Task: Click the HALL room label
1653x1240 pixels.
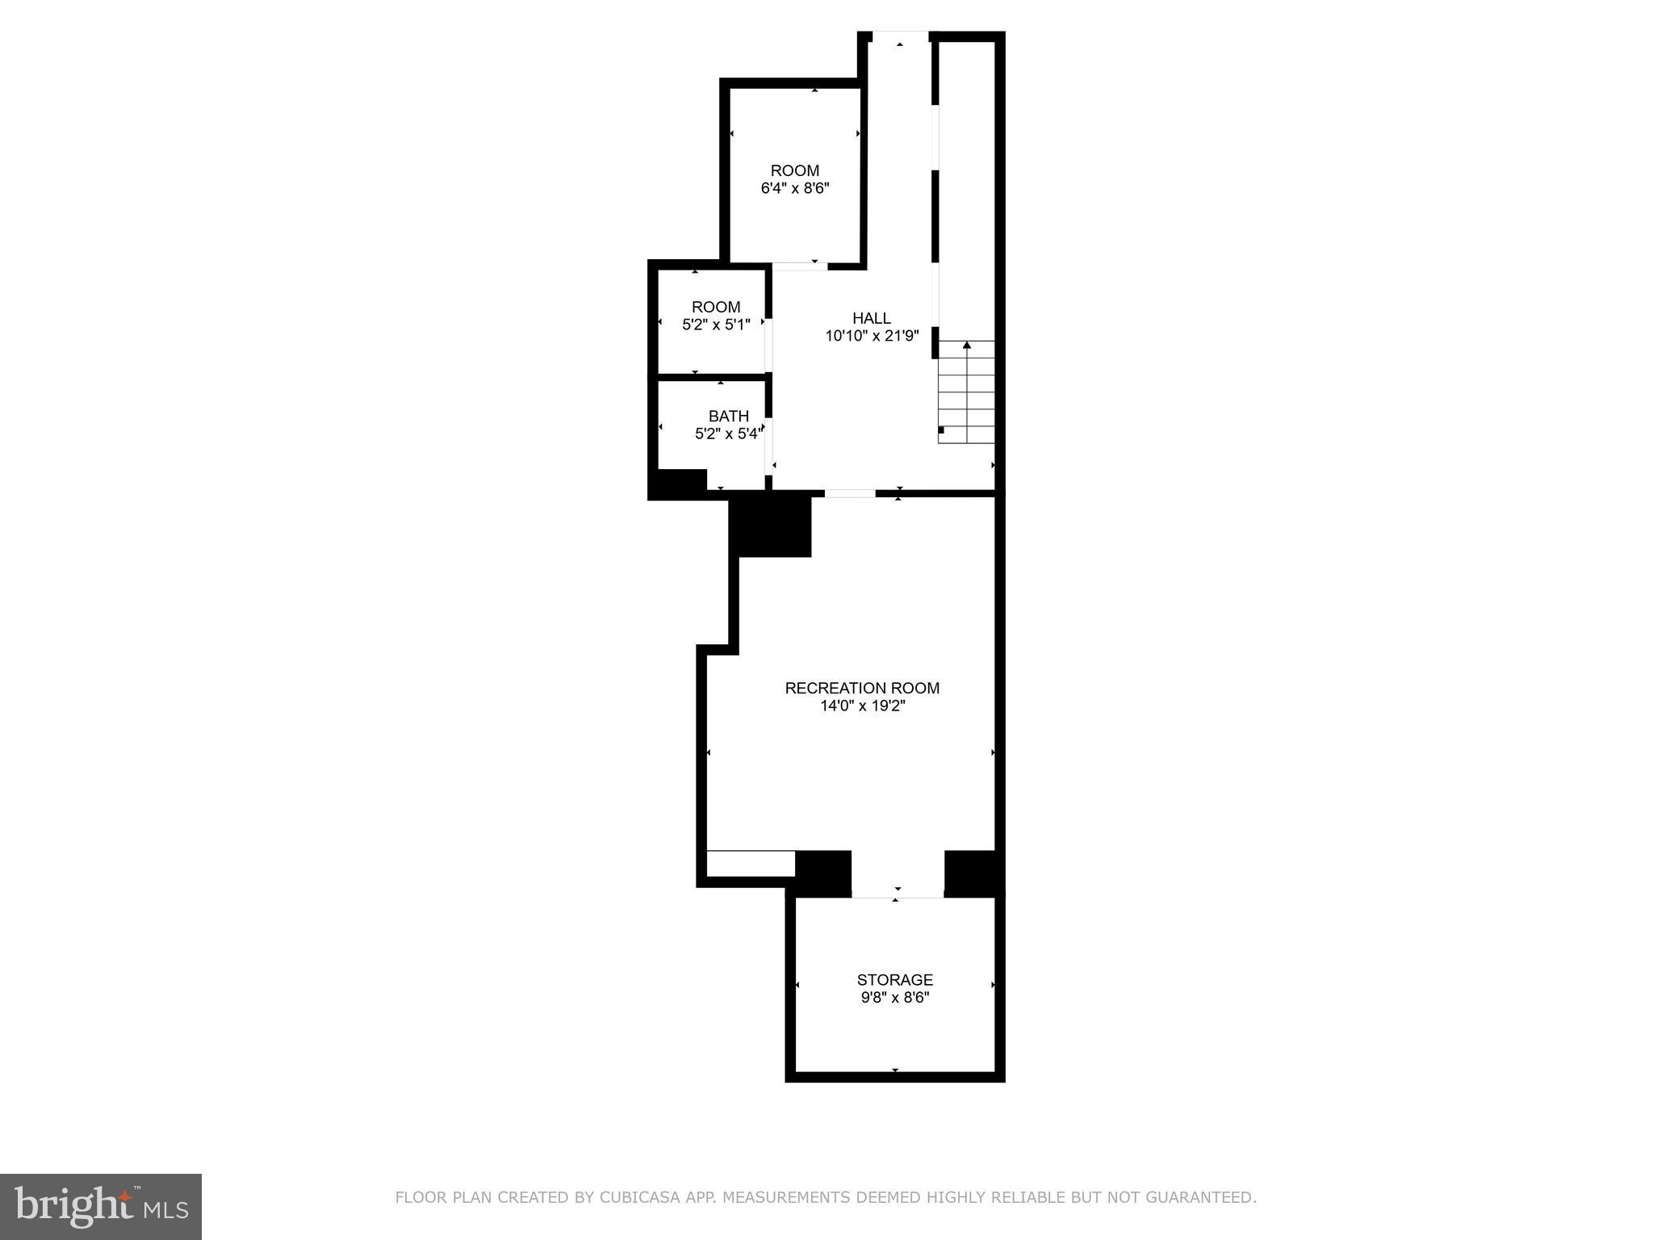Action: [872, 318]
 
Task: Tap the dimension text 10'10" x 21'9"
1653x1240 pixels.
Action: [872, 337]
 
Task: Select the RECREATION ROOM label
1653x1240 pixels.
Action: [862, 688]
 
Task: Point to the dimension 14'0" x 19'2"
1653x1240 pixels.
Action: [862, 706]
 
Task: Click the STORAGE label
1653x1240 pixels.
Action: [895, 979]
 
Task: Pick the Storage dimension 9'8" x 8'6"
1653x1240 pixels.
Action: [895, 998]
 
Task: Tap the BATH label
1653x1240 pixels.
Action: [728, 416]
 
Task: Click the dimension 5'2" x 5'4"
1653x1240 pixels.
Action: [728, 434]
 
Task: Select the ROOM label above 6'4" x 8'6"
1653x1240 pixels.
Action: [795, 170]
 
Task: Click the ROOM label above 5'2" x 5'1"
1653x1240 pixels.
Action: [716, 307]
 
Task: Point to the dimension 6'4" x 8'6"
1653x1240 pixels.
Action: [795, 189]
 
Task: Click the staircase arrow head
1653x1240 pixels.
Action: [967, 346]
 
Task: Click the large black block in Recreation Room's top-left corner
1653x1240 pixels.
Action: [770, 526]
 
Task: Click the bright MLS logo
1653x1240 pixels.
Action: [100, 1206]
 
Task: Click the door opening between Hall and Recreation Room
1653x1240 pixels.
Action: [849, 492]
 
